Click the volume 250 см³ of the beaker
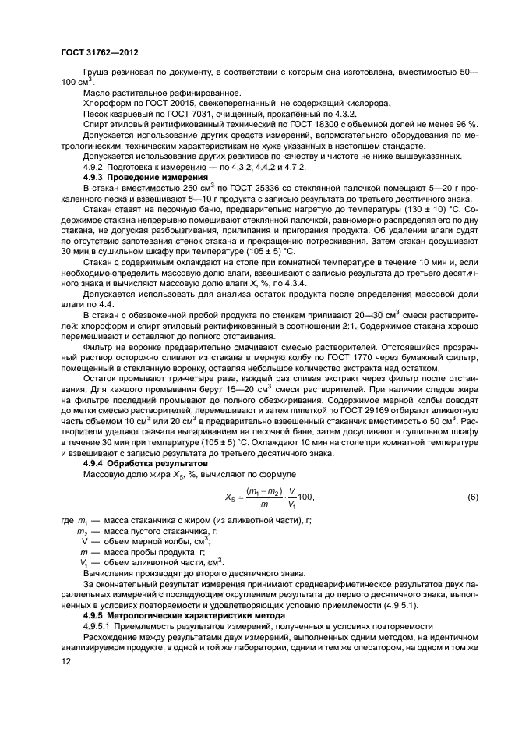point(177,188)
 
